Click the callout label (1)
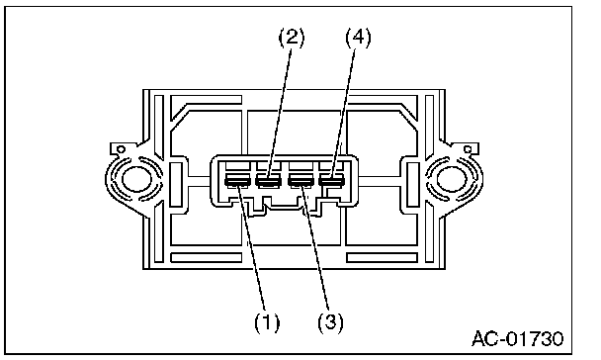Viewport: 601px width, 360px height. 267,322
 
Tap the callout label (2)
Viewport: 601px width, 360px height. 292,38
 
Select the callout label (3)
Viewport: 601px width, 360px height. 330,322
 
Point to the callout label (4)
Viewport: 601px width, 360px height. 359,38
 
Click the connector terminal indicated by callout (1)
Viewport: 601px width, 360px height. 237,181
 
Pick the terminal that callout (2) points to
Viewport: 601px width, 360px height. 269,181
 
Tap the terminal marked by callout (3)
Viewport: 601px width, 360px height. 300,181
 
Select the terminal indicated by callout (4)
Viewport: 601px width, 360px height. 332,181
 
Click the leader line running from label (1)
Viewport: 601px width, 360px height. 251,247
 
